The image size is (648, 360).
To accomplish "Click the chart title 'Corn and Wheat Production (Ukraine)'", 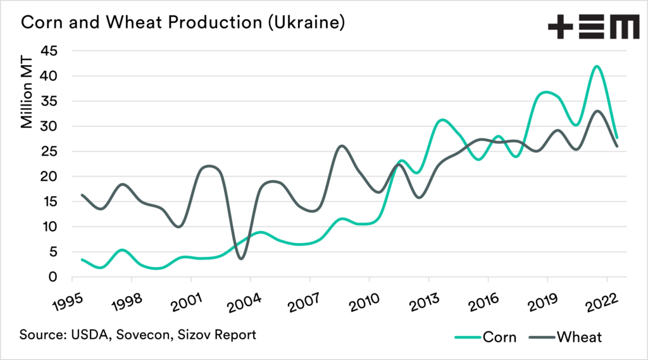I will pyautogui.click(x=183, y=24).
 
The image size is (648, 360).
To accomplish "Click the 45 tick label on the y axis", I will pyautogui.click(x=50, y=51).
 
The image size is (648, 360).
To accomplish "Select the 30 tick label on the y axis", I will pyautogui.click(x=50, y=126).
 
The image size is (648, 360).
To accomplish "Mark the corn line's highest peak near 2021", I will pyautogui.click(x=596, y=66).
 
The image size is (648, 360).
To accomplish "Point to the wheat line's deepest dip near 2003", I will pyautogui.click(x=240, y=258).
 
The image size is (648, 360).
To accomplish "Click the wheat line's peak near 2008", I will pyautogui.click(x=342, y=146).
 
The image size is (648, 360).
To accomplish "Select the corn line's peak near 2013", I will pyautogui.click(x=442, y=120).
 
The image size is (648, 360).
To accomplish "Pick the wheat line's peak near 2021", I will pyautogui.click(x=597, y=111).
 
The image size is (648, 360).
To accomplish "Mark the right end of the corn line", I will pyautogui.click(x=617, y=137).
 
